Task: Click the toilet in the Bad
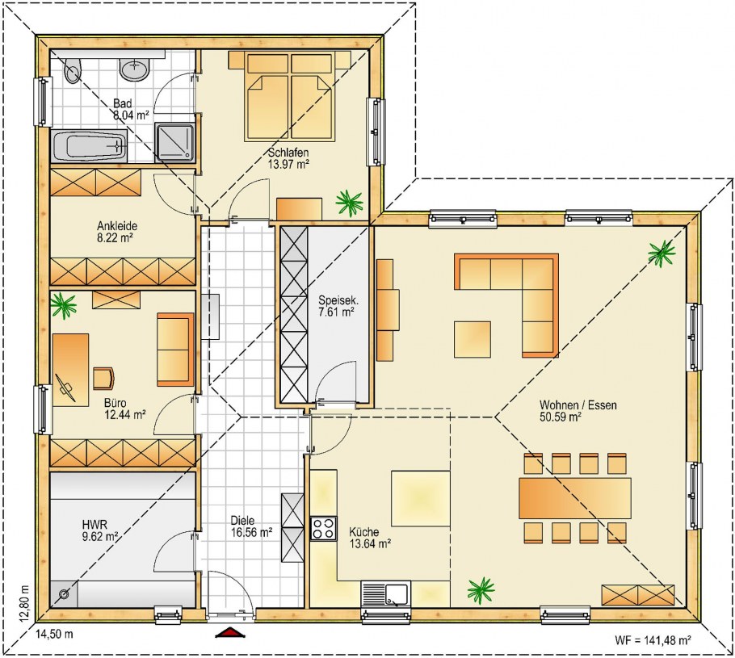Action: tap(73, 70)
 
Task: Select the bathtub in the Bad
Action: tap(89, 146)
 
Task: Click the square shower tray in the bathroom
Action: tap(174, 140)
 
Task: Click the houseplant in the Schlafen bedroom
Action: tap(349, 202)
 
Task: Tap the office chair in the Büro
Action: tap(103, 378)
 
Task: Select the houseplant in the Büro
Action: tap(64, 305)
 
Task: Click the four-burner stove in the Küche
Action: tap(323, 528)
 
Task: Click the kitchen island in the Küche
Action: tap(421, 499)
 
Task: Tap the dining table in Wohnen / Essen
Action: tap(575, 497)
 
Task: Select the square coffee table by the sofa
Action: tap(472, 339)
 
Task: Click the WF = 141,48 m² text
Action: tap(653, 640)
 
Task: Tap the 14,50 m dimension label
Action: tap(54, 635)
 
